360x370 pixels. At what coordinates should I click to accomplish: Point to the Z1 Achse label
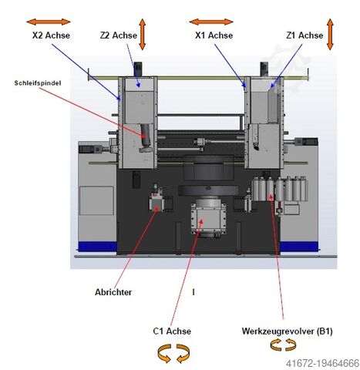pyautogui.click(x=304, y=35)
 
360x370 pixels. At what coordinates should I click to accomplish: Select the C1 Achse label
pyautogui.click(x=172, y=331)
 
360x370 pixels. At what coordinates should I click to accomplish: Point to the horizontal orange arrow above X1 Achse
pyautogui.click(x=210, y=22)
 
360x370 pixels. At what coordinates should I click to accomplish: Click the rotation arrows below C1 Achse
pyautogui.click(x=172, y=353)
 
